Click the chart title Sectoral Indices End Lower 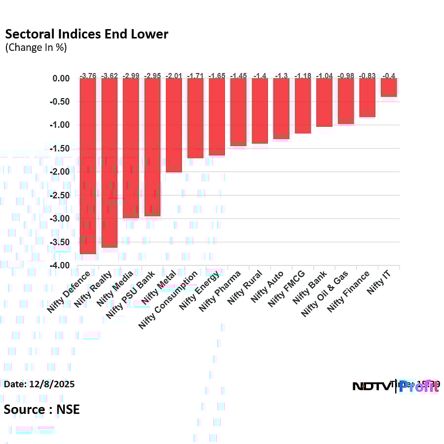86,34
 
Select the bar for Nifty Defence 88,166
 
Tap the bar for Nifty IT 388,87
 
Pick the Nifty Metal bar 174,125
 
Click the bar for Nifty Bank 324,103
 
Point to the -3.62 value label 110,75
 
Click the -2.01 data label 174,75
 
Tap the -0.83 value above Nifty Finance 367,75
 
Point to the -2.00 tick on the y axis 61,172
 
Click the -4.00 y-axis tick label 61,265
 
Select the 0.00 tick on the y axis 63,78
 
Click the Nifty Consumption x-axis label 169,299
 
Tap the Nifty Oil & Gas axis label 325,294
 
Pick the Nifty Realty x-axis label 94,290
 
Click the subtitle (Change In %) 36,48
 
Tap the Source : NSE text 41,409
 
